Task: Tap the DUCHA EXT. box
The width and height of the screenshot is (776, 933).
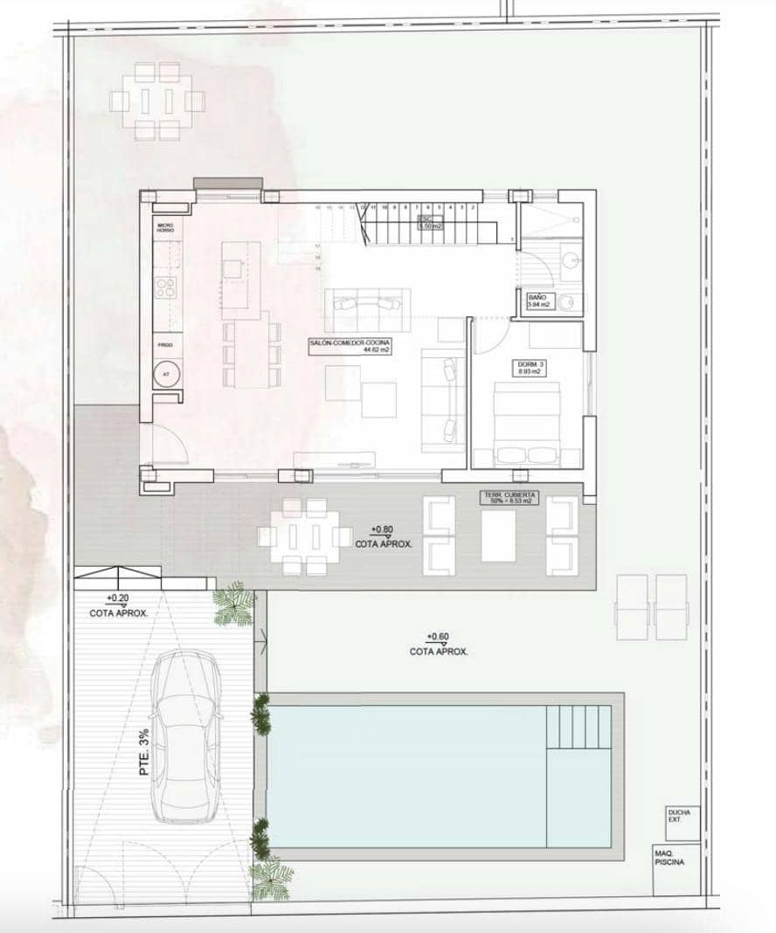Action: click(680, 817)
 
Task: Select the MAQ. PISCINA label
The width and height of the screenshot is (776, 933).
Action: click(669, 857)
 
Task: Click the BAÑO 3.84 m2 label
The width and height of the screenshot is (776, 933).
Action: click(539, 301)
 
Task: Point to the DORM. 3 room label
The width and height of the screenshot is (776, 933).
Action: click(525, 367)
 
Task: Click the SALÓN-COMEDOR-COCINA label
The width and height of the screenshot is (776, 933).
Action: click(349, 345)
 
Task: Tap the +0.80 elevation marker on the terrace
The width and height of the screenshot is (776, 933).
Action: click(382, 530)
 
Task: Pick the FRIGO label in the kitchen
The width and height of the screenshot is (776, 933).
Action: click(165, 345)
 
